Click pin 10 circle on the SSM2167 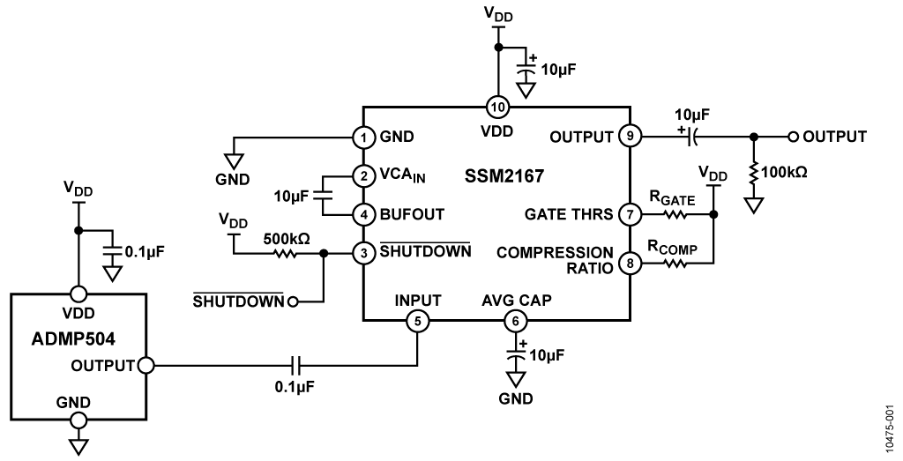click(498, 107)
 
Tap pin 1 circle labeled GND click(362, 137)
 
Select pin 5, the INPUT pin click(417, 321)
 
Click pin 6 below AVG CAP click(515, 321)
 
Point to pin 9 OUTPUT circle click(630, 137)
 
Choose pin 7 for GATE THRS click(630, 215)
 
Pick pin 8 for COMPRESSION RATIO click(630, 264)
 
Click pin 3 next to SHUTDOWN click(362, 253)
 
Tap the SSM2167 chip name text click(504, 175)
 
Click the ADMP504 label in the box click(72, 338)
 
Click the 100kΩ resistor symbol click(753, 173)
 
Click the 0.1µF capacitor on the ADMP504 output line click(295, 365)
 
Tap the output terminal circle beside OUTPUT click(794, 137)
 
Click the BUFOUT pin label click(413, 215)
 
